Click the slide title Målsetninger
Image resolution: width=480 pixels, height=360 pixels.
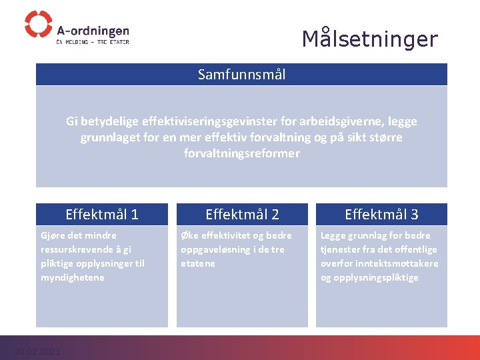tap(369, 39)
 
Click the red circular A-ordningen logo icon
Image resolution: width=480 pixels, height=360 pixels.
tap(38, 24)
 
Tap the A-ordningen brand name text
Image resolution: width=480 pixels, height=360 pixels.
tap(93, 31)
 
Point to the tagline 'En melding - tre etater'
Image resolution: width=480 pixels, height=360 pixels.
tap(93, 42)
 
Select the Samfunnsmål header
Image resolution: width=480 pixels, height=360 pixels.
tap(241, 75)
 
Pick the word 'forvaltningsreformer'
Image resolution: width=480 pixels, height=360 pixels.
tap(241, 153)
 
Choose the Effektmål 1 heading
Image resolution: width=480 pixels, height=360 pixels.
tap(102, 214)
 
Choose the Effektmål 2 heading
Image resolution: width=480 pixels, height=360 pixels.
tap(242, 214)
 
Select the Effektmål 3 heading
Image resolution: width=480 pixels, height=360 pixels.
tap(381, 214)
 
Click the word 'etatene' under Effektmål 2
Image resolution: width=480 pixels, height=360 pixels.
tap(198, 263)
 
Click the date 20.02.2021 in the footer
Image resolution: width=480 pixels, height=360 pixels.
tap(37, 351)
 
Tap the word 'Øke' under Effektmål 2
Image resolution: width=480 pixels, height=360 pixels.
tap(189, 235)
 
